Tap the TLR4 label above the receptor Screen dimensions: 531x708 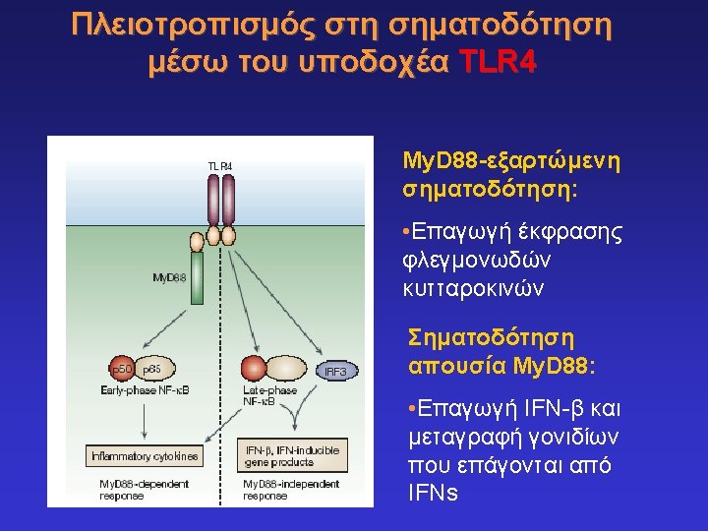pos(219,166)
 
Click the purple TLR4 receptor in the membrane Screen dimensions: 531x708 pos(221,202)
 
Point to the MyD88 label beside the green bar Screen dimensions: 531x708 pos(169,277)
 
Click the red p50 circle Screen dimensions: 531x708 pos(121,369)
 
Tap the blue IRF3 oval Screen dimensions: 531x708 pos(335,371)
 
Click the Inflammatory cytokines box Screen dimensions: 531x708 pos(145,456)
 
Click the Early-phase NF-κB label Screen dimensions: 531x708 pos(145,390)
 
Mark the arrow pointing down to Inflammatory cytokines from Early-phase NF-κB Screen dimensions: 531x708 pos(145,420)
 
